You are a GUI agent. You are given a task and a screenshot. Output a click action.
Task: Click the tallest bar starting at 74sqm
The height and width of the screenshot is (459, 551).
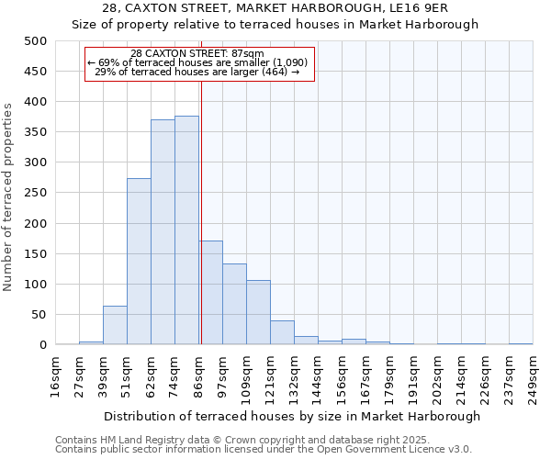tap(186, 230)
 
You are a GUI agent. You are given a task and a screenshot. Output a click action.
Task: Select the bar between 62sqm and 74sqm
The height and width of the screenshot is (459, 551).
tap(163, 232)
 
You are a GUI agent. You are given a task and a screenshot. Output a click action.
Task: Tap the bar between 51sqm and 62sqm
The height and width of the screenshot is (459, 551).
tap(139, 262)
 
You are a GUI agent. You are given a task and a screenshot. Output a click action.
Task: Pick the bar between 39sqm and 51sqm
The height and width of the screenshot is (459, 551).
tap(115, 326)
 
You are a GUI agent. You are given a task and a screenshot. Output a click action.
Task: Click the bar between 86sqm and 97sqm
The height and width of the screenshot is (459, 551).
tap(210, 293)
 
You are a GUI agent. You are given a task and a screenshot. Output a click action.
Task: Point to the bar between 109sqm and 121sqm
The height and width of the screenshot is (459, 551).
tap(258, 313)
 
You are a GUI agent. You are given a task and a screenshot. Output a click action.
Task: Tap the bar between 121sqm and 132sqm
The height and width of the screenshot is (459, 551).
tap(282, 333)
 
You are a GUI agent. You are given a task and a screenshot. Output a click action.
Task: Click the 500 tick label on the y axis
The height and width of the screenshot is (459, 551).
tap(36, 41)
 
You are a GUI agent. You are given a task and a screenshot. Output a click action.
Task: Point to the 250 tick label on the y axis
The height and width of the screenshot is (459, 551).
tap(36, 193)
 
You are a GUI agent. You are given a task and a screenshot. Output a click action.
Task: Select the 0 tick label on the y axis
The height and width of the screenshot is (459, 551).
tap(42, 345)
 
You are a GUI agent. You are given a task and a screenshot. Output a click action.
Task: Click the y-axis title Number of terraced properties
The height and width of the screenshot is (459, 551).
tap(8, 196)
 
